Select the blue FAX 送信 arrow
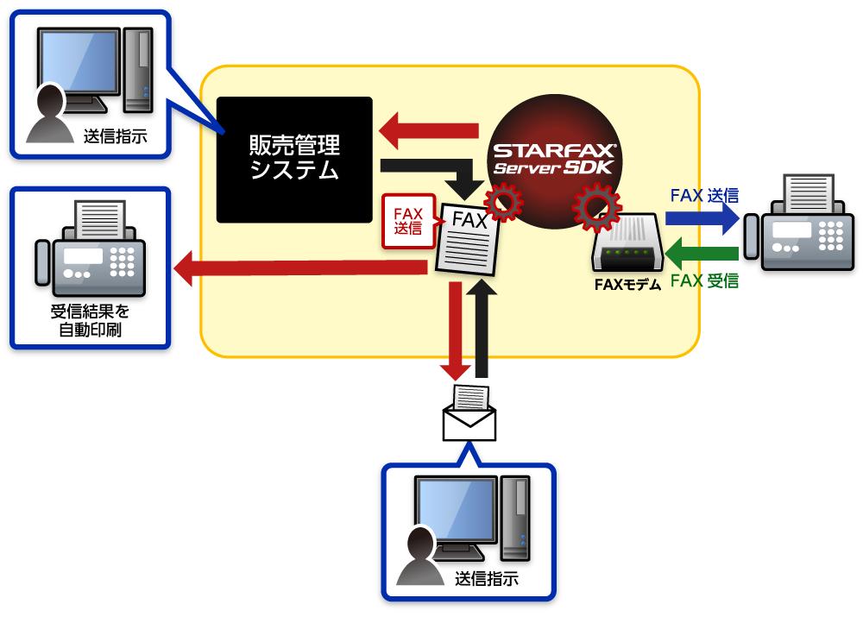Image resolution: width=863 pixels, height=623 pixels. (x=703, y=219)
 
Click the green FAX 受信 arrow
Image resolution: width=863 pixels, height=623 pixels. (x=703, y=253)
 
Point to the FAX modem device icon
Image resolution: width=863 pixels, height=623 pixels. (x=627, y=247)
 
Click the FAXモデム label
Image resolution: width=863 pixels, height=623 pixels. (x=627, y=284)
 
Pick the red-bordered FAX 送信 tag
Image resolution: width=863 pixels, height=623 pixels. (x=407, y=221)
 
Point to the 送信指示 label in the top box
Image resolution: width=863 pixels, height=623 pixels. (x=115, y=135)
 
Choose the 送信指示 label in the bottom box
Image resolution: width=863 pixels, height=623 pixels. (x=487, y=579)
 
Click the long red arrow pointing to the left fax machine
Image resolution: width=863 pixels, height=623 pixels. (x=302, y=271)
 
